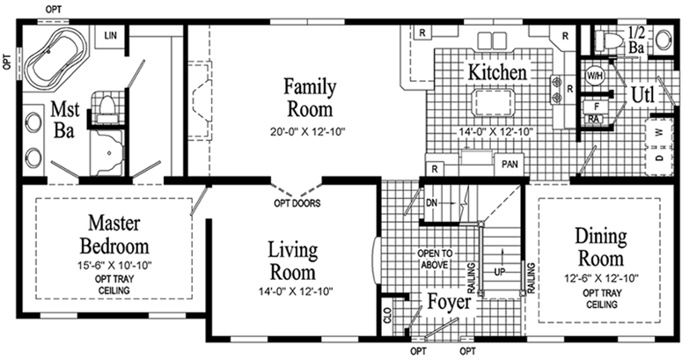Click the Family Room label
point(310,98)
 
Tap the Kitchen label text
point(497,72)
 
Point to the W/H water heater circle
point(595,76)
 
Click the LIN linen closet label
point(111,35)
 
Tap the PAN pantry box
point(510,164)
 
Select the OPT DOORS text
point(297,203)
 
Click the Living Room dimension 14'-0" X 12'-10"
point(296,290)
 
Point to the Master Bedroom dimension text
point(115,265)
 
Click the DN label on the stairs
point(431,202)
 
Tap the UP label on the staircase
point(500,272)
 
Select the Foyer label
point(449,301)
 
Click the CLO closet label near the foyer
point(388,316)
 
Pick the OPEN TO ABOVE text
point(435,259)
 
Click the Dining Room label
point(601,246)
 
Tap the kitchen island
point(493,103)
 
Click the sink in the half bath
point(664,40)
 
